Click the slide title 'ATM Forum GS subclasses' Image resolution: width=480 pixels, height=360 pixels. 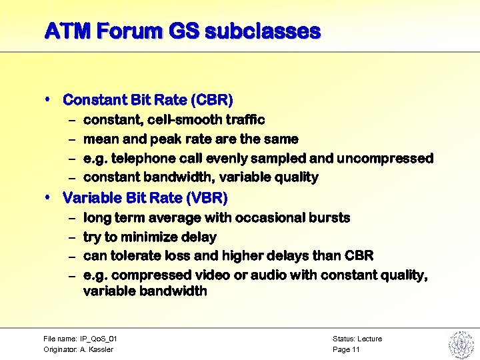(x=182, y=31)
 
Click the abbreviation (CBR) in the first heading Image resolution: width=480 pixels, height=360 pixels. (x=211, y=100)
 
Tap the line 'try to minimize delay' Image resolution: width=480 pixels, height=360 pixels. (x=149, y=237)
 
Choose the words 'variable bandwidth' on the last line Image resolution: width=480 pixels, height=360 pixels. (x=145, y=291)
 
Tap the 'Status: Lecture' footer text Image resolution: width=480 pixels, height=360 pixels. (x=357, y=339)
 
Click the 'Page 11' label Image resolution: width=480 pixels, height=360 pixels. (x=346, y=349)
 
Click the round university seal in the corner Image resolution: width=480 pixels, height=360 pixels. (x=460, y=343)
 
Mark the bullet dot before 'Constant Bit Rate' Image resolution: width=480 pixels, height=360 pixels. (x=49, y=99)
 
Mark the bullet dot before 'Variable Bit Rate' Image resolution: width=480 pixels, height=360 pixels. (x=49, y=197)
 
